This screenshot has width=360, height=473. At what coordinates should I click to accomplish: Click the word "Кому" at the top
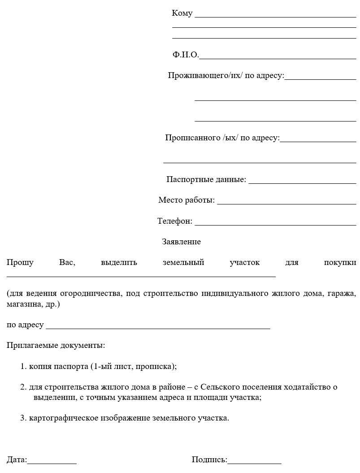(182, 13)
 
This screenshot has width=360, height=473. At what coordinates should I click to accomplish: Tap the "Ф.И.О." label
(185, 55)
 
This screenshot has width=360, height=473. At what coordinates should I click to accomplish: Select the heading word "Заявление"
(181, 242)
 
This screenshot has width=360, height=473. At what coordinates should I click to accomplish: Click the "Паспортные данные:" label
(206, 179)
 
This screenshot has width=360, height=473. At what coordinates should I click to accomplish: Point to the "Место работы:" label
(187, 200)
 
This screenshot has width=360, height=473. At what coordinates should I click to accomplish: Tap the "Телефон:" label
(175, 221)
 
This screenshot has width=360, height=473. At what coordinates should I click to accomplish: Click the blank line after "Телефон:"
(275, 223)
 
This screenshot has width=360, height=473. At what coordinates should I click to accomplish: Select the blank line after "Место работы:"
(286, 203)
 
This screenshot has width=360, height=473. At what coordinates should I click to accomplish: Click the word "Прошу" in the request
(20, 262)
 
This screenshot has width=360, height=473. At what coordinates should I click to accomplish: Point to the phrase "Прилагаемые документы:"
(56, 346)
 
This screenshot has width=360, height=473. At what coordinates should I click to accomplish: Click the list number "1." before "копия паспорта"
(23, 366)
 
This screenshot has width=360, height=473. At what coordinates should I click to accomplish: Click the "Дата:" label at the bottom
(17, 460)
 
